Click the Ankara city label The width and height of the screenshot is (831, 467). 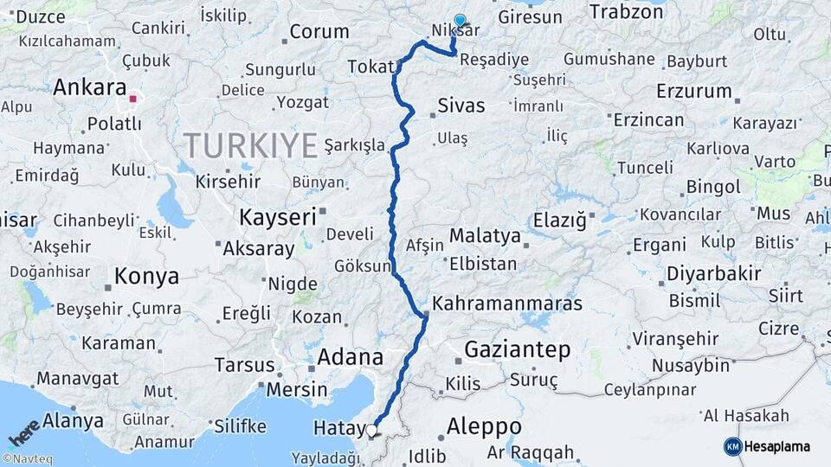tap(90, 88)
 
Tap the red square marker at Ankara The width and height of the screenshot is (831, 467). tap(132, 99)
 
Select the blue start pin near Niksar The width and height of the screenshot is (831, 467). tap(460, 22)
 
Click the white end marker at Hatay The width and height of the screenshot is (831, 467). tap(372, 430)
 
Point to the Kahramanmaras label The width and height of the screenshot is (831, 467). tap(506, 304)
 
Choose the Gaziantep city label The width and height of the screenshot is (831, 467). tap(517, 350)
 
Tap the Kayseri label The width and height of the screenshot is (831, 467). tap(278, 216)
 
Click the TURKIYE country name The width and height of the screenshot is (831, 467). tap(250, 145)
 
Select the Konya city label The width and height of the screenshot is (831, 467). tap(146, 277)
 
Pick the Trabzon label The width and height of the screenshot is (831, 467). tap(626, 11)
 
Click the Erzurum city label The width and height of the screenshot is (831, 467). tap(693, 91)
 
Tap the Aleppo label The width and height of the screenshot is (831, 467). tap(484, 426)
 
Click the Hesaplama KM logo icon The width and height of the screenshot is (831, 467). tap(733, 446)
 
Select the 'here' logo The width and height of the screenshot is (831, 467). tap(24, 431)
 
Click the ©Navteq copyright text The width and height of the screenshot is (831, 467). tap(27, 459)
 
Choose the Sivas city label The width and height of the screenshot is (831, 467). tap(461, 106)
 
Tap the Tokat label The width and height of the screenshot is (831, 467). tap(370, 67)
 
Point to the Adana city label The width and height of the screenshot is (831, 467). tap(351, 356)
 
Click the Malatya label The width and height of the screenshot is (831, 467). tap(485, 236)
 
